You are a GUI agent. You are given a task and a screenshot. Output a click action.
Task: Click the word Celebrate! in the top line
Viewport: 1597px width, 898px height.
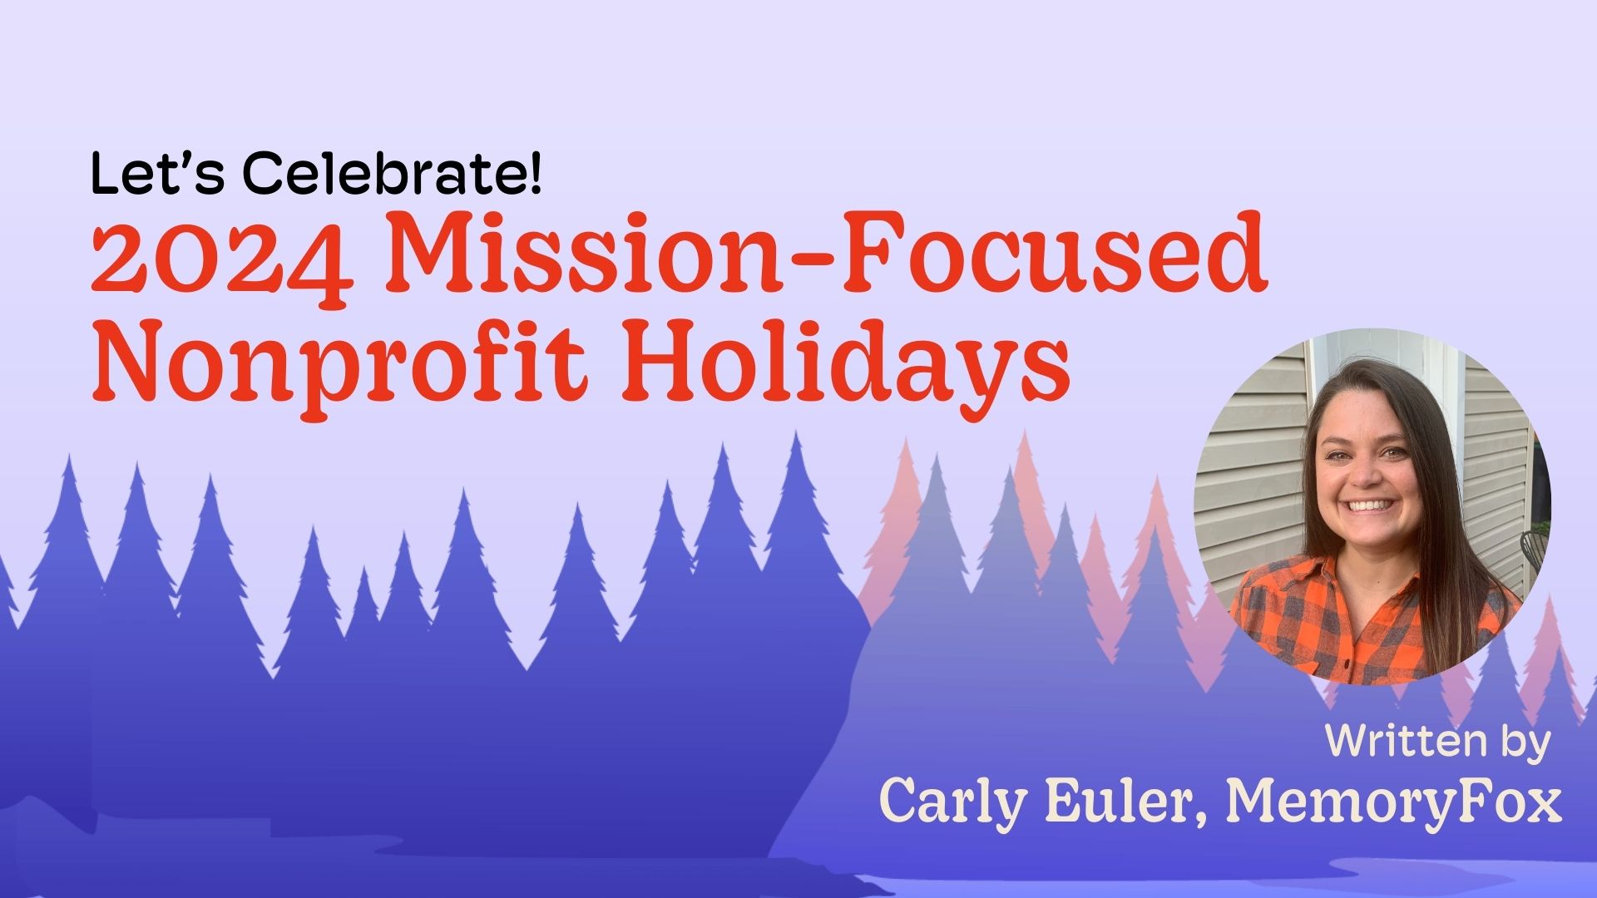(393, 175)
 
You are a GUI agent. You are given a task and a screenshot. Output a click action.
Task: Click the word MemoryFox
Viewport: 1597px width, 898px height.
(1394, 801)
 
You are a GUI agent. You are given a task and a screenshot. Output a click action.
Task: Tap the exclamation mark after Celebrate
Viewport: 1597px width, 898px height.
(534, 175)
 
